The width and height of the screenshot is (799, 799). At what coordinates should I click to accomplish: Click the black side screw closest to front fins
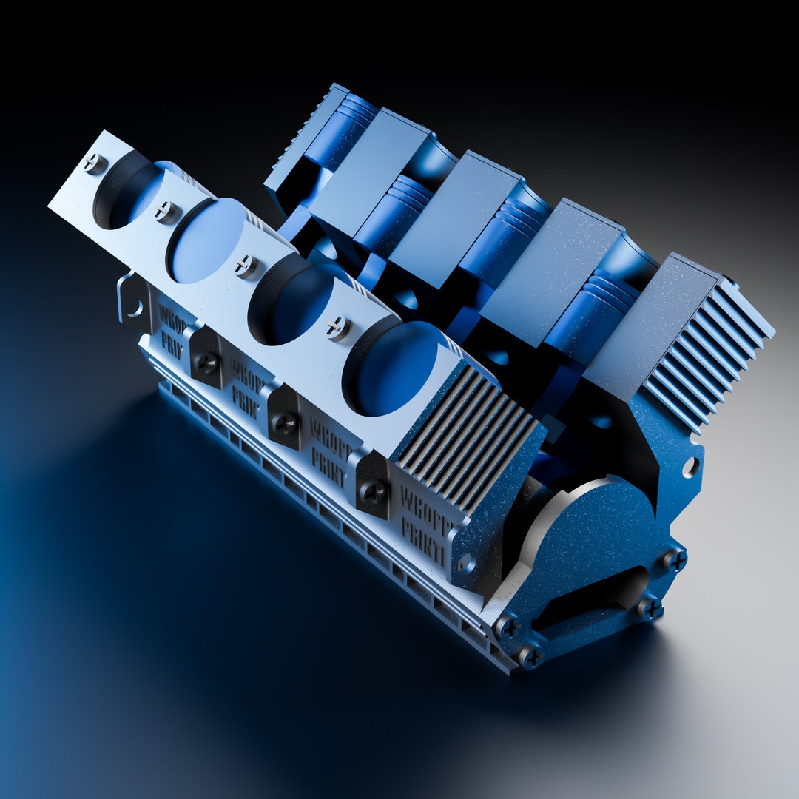(x=374, y=490)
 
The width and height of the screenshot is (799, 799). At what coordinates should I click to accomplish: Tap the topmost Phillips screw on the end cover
(x=674, y=559)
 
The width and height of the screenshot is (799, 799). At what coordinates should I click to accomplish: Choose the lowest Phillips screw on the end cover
(x=530, y=655)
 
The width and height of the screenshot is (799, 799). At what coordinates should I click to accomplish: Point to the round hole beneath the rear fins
(x=690, y=466)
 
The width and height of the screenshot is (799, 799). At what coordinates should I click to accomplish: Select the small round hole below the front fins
(x=465, y=564)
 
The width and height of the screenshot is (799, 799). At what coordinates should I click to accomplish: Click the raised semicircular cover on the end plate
(x=584, y=518)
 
